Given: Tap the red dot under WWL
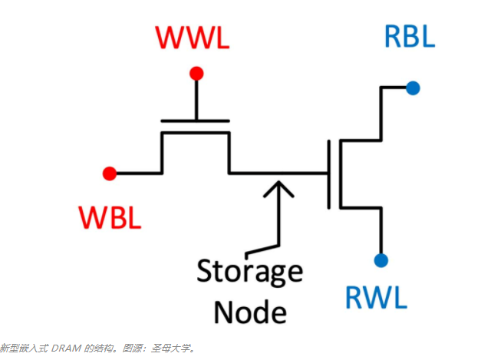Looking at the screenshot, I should [x=196, y=74].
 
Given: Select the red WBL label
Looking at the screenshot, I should [x=109, y=218].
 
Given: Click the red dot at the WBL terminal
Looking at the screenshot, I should [x=110, y=173].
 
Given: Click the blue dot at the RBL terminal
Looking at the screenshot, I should [x=413, y=88].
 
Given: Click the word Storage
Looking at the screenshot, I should [x=250, y=271].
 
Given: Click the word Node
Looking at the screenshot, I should [x=250, y=312].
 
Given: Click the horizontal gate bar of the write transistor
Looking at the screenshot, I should [x=196, y=121].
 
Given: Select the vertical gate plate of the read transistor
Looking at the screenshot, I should [x=329, y=174].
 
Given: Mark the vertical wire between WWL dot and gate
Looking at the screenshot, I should [x=196, y=97].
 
